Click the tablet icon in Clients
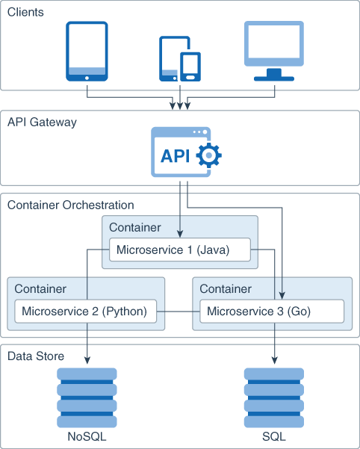(87, 51)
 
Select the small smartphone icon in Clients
(190, 66)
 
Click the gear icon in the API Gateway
(208, 155)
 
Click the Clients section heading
(25, 13)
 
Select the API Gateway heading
(42, 122)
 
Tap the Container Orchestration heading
(70, 205)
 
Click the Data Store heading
(34, 356)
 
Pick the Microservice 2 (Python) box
(86, 311)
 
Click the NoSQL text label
(87, 438)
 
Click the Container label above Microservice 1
(134, 227)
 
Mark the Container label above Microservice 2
(40, 288)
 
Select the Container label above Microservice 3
(226, 288)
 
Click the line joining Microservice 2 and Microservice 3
(179, 311)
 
